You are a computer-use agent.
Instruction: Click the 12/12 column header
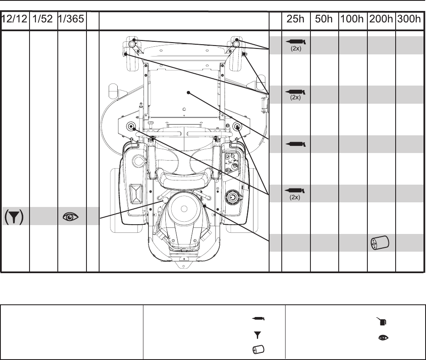[x=14, y=19]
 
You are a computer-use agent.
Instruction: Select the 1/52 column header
[x=43, y=19]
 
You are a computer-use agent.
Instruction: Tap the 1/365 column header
[x=71, y=19]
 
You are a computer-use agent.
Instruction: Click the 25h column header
[x=296, y=19]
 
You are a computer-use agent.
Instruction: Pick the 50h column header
[x=324, y=19]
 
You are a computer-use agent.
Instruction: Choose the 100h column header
[x=352, y=19]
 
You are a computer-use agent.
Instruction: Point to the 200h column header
[x=381, y=19]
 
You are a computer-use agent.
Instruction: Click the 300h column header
[x=409, y=19]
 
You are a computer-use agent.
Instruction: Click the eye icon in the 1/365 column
[x=70, y=217]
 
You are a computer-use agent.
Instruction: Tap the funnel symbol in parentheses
[x=14, y=217]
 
